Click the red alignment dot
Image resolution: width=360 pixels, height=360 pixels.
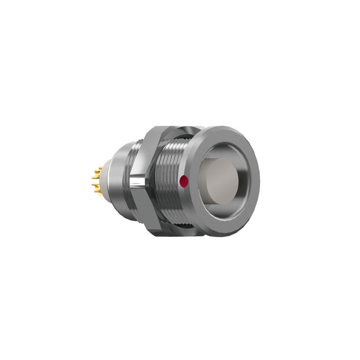pos(184,181)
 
